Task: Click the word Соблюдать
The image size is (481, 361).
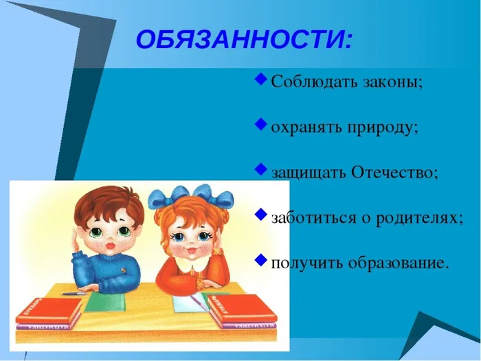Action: (x=305, y=82)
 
